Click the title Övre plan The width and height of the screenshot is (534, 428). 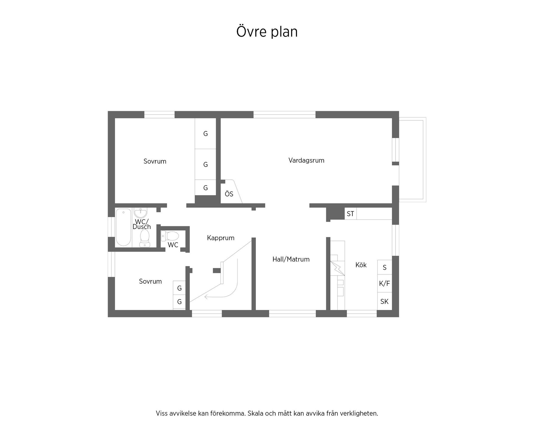[267, 31]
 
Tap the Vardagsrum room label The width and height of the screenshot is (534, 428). [306, 160]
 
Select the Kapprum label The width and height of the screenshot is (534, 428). [221, 238]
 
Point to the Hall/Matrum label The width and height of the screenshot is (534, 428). [291, 259]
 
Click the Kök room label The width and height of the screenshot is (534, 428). [361, 265]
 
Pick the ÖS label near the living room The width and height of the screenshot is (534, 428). [229, 194]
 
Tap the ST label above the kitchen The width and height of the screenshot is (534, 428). [350, 214]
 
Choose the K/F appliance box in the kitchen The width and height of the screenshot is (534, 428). [384, 284]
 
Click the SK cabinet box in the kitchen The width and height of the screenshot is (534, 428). [384, 301]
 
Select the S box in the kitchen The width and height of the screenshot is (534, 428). [385, 267]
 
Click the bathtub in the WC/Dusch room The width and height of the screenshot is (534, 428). [123, 227]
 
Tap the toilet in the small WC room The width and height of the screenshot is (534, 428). [170, 236]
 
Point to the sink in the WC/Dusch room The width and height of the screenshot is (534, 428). [141, 213]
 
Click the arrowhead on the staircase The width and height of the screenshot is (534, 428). [206, 297]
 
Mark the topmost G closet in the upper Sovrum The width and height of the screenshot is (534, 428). [206, 134]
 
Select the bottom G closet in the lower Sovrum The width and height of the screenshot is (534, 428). [179, 301]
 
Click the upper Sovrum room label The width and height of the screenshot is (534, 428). [155, 161]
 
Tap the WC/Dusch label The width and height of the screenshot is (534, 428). [142, 224]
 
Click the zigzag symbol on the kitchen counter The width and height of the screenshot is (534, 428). [337, 268]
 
